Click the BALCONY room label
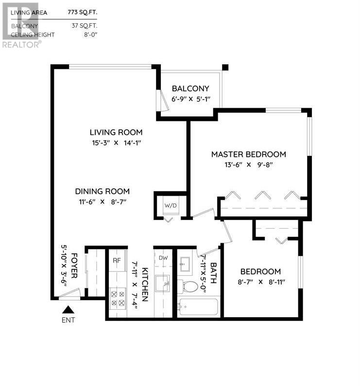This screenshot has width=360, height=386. pos(190,88)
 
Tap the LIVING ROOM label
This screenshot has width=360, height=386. pos(116,132)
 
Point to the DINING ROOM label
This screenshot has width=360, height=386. pos(102,191)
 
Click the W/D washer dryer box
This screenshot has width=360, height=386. pos(170,205)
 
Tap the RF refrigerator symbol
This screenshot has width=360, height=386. pos(117,260)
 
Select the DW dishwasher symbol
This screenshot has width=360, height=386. pos(163,257)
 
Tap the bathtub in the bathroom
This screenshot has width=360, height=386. pos(198,307)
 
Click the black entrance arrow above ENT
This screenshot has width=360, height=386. pos(69,309)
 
